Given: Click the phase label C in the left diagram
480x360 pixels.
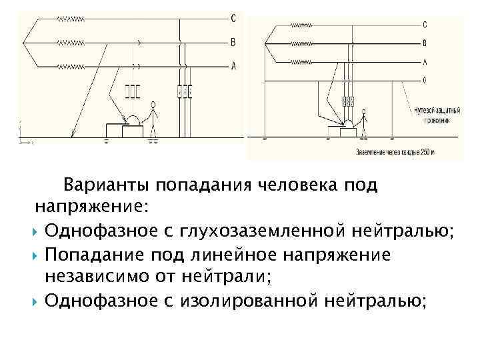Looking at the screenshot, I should pyautogui.click(x=232, y=18).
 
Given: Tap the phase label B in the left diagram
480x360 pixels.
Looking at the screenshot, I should pyautogui.click(x=232, y=42).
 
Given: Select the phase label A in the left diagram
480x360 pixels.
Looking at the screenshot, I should pyautogui.click(x=232, y=65).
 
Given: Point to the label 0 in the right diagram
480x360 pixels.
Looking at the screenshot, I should pyautogui.click(x=425, y=80).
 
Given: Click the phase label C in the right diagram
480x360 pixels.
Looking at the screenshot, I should pyautogui.click(x=425, y=25).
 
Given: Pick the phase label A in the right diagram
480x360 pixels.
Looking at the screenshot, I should pyautogui.click(x=425, y=62).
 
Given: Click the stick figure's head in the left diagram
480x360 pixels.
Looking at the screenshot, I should pyautogui.click(x=154, y=105).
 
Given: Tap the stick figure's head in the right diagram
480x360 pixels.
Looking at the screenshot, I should pyautogui.click(x=363, y=112).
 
